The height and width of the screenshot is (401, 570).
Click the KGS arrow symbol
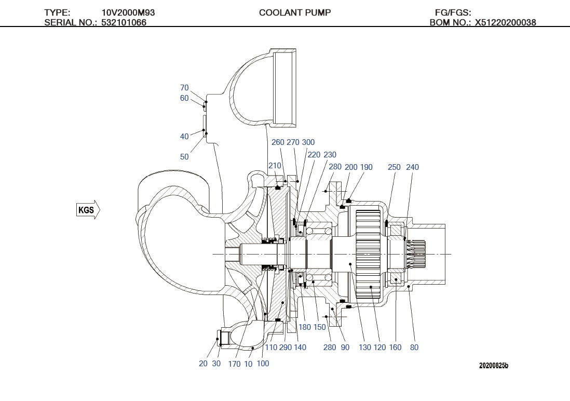click(x=88, y=210)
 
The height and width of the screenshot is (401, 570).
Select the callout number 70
click(x=184, y=88)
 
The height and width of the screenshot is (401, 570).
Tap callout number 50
click(x=184, y=156)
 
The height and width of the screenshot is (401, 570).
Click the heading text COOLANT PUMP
click(x=294, y=12)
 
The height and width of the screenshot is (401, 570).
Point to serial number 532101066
click(x=124, y=22)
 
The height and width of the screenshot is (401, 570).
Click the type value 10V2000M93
click(x=128, y=12)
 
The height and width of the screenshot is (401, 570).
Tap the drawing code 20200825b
click(x=493, y=366)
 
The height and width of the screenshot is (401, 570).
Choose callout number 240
click(x=412, y=167)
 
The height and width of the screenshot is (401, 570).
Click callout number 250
click(x=394, y=167)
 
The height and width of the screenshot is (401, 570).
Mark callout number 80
click(x=414, y=347)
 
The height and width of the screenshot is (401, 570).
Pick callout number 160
click(x=395, y=347)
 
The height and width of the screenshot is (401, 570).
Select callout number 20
click(x=203, y=364)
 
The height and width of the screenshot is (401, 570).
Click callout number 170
click(x=234, y=364)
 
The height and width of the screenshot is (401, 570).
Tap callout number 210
click(x=275, y=166)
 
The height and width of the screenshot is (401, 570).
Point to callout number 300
click(x=308, y=142)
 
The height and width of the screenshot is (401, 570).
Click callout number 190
click(x=367, y=167)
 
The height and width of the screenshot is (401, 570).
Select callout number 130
click(x=365, y=347)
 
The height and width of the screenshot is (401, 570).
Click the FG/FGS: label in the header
click(x=453, y=12)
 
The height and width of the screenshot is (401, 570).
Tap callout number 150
click(x=320, y=327)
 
